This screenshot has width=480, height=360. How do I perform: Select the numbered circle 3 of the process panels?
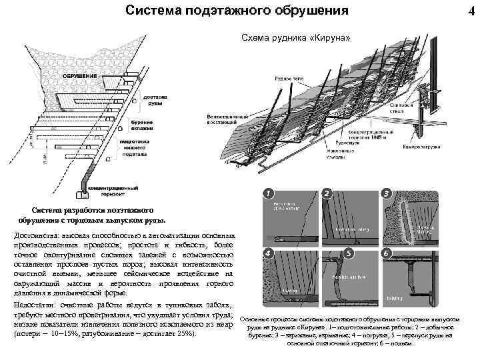coord(386,193)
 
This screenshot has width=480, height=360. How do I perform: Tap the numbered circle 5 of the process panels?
coord(349,253)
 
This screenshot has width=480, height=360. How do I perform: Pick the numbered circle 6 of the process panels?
coord(386,253)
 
